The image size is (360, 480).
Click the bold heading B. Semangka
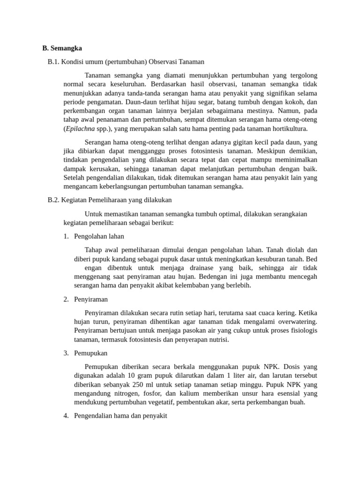click(62, 48)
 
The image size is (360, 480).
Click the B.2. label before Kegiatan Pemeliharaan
click(54, 200)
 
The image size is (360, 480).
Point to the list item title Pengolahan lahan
click(99, 236)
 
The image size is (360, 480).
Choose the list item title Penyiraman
click(91, 299)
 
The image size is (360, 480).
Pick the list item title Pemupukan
click(91, 353)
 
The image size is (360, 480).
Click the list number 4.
click(66, 416)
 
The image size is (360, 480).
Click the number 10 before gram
click(132, 375)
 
